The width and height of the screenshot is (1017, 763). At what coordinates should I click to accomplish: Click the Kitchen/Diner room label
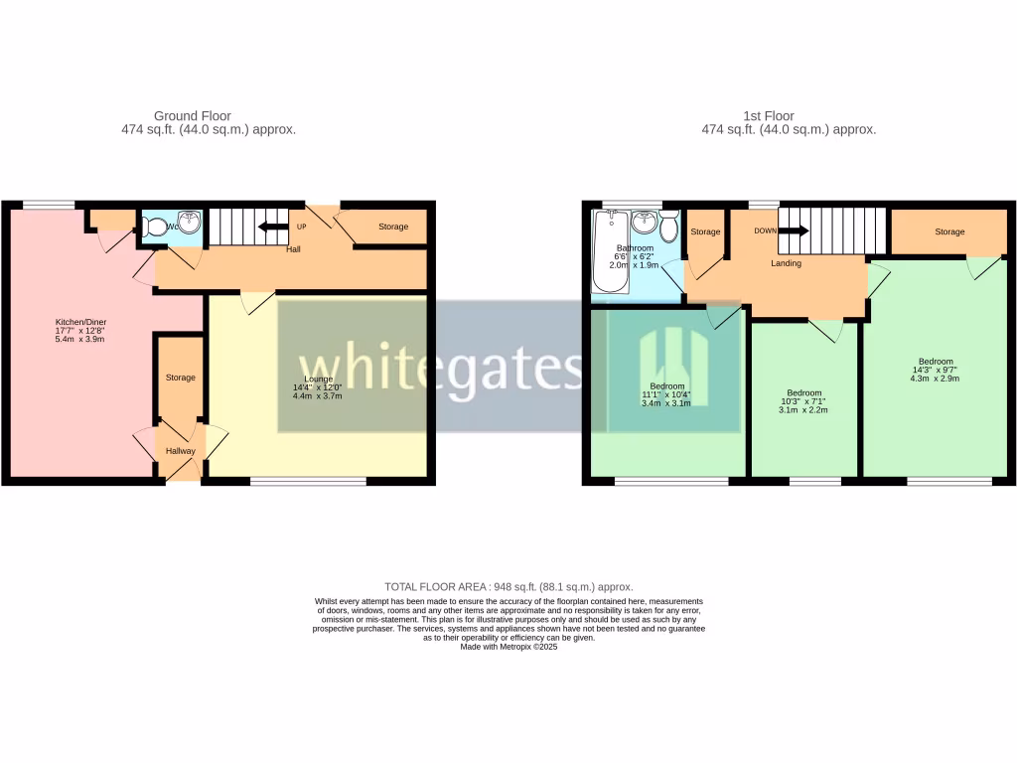pos(79,323)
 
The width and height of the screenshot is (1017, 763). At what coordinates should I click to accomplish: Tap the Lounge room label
pos(318,379)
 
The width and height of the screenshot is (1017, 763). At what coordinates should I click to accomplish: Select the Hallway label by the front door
pos(180,451)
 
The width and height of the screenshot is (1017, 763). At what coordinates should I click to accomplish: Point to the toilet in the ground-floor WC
pos(154,227)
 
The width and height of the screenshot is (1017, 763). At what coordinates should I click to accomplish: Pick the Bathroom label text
pos(635,248)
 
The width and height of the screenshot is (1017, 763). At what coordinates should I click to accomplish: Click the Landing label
pos(787,263)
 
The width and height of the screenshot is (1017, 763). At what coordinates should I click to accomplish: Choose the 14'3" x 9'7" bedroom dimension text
pos(936,370)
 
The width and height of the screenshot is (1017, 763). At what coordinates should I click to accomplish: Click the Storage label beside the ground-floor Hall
pos(392,227)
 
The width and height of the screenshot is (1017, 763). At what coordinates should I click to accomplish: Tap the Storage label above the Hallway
pos(180,378)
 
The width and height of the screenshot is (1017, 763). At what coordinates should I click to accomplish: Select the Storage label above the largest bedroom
pos(948,231)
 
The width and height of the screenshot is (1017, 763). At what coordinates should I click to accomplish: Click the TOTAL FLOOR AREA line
pos(508,587)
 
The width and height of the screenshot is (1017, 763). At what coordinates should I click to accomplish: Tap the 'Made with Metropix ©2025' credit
pos(508,647)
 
